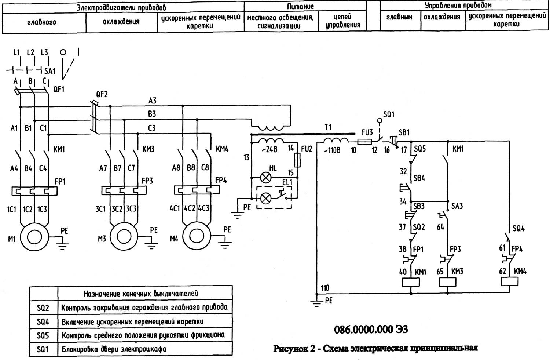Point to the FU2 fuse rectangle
tap(297, 160)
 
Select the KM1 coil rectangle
tap(411, 282)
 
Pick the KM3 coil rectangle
tap(448, 282)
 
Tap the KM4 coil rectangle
tap(510, 281)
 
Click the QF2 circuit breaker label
tap(102, 95)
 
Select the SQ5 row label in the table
tap(43, 335)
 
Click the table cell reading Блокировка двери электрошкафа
tap(114, 349)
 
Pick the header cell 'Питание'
tap(305, 6)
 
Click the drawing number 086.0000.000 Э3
tap(371, 329)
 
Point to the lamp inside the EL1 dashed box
tap(265, 199)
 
